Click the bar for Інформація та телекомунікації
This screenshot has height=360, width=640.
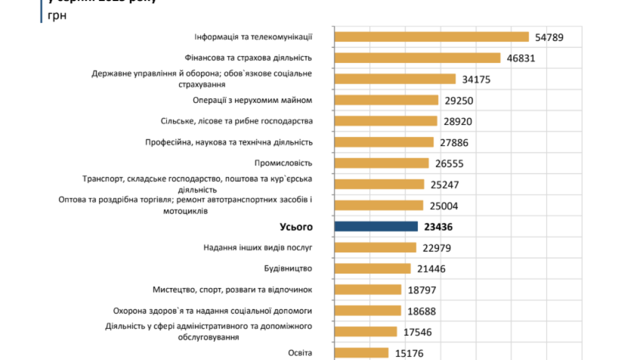(x=431, y=37)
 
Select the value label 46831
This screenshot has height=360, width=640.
(x=521, y=58)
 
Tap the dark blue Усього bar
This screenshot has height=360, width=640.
(x=376, y=226)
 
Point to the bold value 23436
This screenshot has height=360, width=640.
(x=438, y=227)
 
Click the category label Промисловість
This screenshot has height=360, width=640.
(x=283, y=163)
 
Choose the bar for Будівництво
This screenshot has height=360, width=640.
(x=372, y=268)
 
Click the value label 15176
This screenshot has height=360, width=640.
(x=409, y=353)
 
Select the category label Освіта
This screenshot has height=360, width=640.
(x=300, y=353)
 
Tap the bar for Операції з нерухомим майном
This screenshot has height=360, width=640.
(x=386, y=100)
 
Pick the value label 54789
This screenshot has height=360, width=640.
(x=549, y=37)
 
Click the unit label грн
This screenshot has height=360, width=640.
(x=58, y=15)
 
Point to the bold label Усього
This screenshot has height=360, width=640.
(x=296, y=227)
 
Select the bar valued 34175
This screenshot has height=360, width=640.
(x=395, y=79)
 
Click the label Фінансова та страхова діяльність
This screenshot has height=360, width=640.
(x=248, y=58)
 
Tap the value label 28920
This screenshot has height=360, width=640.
(x=458, y=121)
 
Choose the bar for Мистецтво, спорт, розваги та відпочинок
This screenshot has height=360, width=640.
(x=367, y=289)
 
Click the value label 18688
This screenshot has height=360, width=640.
(x=421, y=311)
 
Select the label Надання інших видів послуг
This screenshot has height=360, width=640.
(x=258, y=247)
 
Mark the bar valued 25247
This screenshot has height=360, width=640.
(x=379, y=184)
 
